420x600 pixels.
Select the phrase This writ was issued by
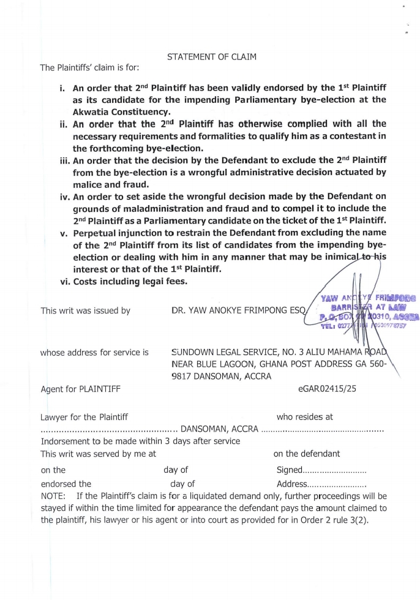click(85, 310)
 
